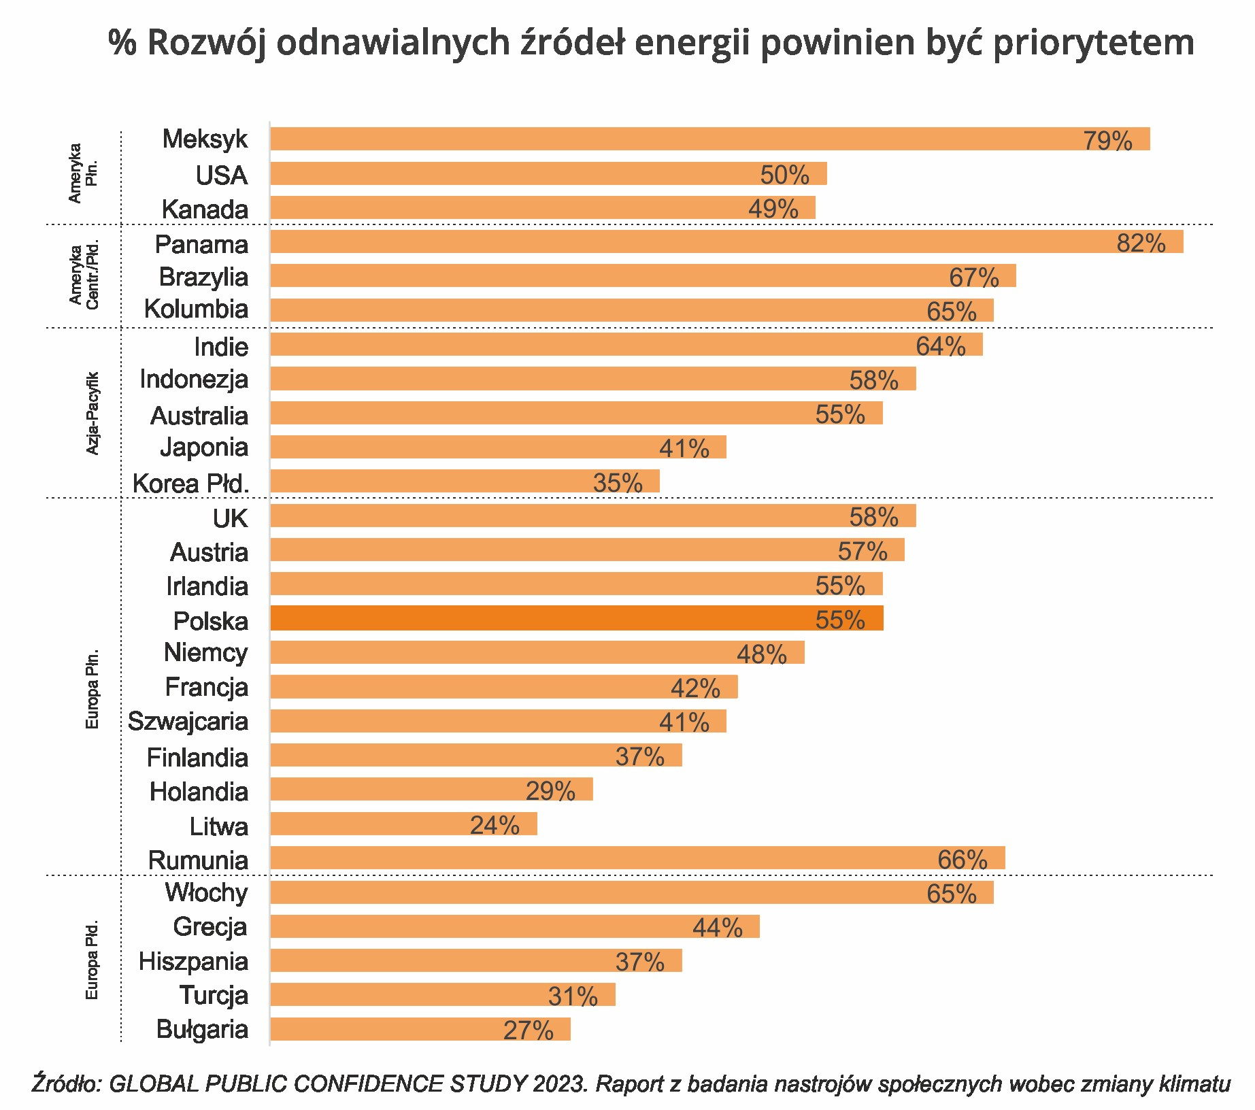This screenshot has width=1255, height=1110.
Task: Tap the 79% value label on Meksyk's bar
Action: (1107, 141)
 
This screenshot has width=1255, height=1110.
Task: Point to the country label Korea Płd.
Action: (191, 484)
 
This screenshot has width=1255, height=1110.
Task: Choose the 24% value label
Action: (495, 825)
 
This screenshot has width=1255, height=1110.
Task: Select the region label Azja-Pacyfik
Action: (93, 413)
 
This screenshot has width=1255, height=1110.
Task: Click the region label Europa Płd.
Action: (93, 959)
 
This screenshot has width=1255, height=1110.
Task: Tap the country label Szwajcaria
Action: (188, 721)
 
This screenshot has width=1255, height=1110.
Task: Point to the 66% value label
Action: (962, 860)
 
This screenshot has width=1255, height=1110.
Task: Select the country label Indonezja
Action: (194, 380)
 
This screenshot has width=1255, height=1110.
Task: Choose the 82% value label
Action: (1141, 243)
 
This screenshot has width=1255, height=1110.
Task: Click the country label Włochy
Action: (207, 892)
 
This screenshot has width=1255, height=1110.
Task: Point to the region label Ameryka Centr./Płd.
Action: (84, 275)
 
